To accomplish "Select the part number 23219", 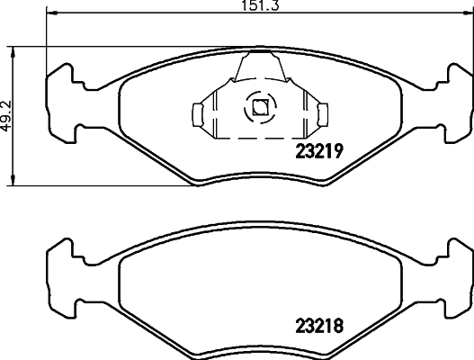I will click(321, 153).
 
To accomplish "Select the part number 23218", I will click(322, 324).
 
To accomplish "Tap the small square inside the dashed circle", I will click(260, 108).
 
